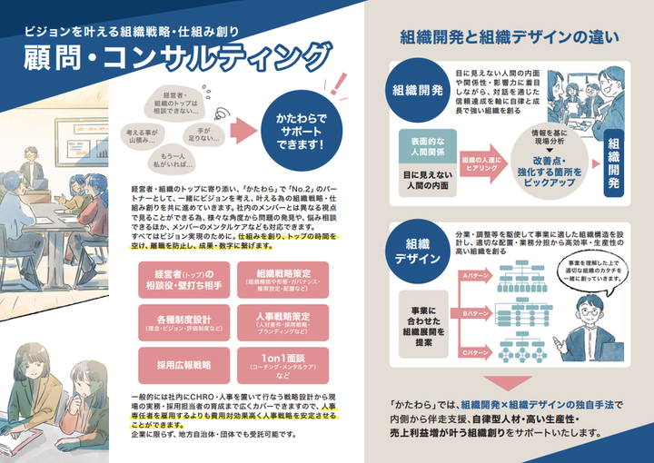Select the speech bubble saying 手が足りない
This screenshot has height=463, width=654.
(x=203, y=136)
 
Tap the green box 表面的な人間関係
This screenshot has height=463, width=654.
(x=426, y=147)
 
